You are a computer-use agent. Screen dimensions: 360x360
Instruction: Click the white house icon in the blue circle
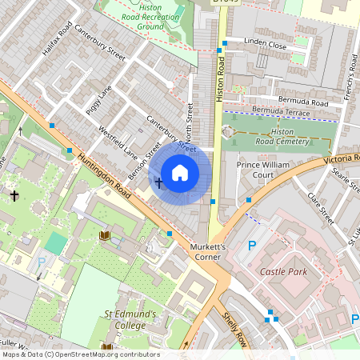click(x=180, y=173)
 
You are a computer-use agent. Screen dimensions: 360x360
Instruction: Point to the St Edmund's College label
click(x=130, y=320)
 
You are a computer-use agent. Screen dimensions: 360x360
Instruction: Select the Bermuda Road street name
click(x=302, y=102)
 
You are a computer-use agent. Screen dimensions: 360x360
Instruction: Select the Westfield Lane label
click(x=118, y=140)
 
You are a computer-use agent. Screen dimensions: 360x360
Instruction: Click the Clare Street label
click(x=322, y=209)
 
